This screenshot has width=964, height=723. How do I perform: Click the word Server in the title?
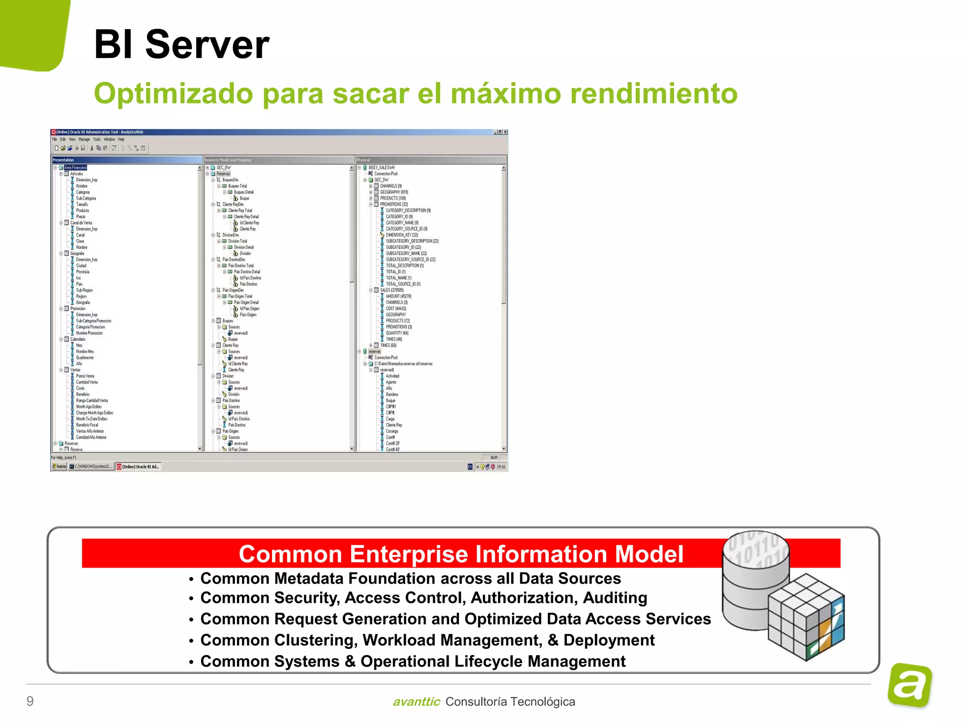pos(207,45)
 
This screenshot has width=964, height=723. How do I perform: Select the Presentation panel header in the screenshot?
pos(64,160)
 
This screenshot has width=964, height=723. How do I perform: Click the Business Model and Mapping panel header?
pos(228,160)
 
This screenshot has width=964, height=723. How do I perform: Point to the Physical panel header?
pos(363,160)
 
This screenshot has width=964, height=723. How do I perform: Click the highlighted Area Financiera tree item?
pos(75,168)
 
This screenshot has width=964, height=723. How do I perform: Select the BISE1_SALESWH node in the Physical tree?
pos(381,168)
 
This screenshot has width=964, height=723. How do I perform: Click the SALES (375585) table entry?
pos(392,290)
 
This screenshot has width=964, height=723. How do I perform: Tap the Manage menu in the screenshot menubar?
pos(84,139)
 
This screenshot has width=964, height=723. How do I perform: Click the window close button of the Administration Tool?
pos(505,132)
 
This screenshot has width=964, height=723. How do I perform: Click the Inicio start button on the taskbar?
pos(59,466)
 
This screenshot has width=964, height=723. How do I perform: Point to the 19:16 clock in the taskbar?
pos(501,467)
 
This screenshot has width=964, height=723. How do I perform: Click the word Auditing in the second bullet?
pos(615,598)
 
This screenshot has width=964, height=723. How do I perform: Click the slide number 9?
pos(30,701)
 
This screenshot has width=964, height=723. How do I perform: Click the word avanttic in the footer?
pos(416,702)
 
